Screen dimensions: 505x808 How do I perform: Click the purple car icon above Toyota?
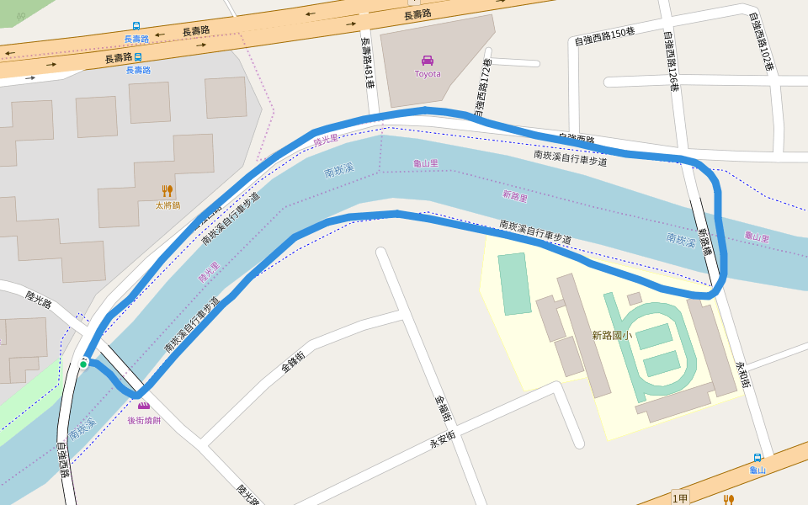[x=428, y=60]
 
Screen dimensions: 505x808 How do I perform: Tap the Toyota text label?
[x=428, y=74]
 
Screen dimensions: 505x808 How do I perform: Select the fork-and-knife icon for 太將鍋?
[x=167, y=191]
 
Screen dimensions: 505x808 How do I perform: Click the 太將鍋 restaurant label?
[x=167, y=205]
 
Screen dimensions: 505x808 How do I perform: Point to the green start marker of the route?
[x=83, y=364]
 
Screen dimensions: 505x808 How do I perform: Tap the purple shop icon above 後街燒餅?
[x=144, y=407]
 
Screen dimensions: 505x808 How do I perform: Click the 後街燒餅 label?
[x=144, y=420]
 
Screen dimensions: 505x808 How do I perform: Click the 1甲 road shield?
[x=680, y=497]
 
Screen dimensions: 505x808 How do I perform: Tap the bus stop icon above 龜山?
[x=757, y=458]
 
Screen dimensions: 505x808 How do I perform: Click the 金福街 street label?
[x=444, y=408]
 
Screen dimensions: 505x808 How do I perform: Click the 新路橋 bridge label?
[x=705, y=242]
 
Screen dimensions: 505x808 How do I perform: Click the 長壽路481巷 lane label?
[x=367, y=62]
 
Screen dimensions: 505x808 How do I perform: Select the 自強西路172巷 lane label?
[x=483, y=88]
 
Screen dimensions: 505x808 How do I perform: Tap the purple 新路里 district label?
[x=514, y=196]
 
